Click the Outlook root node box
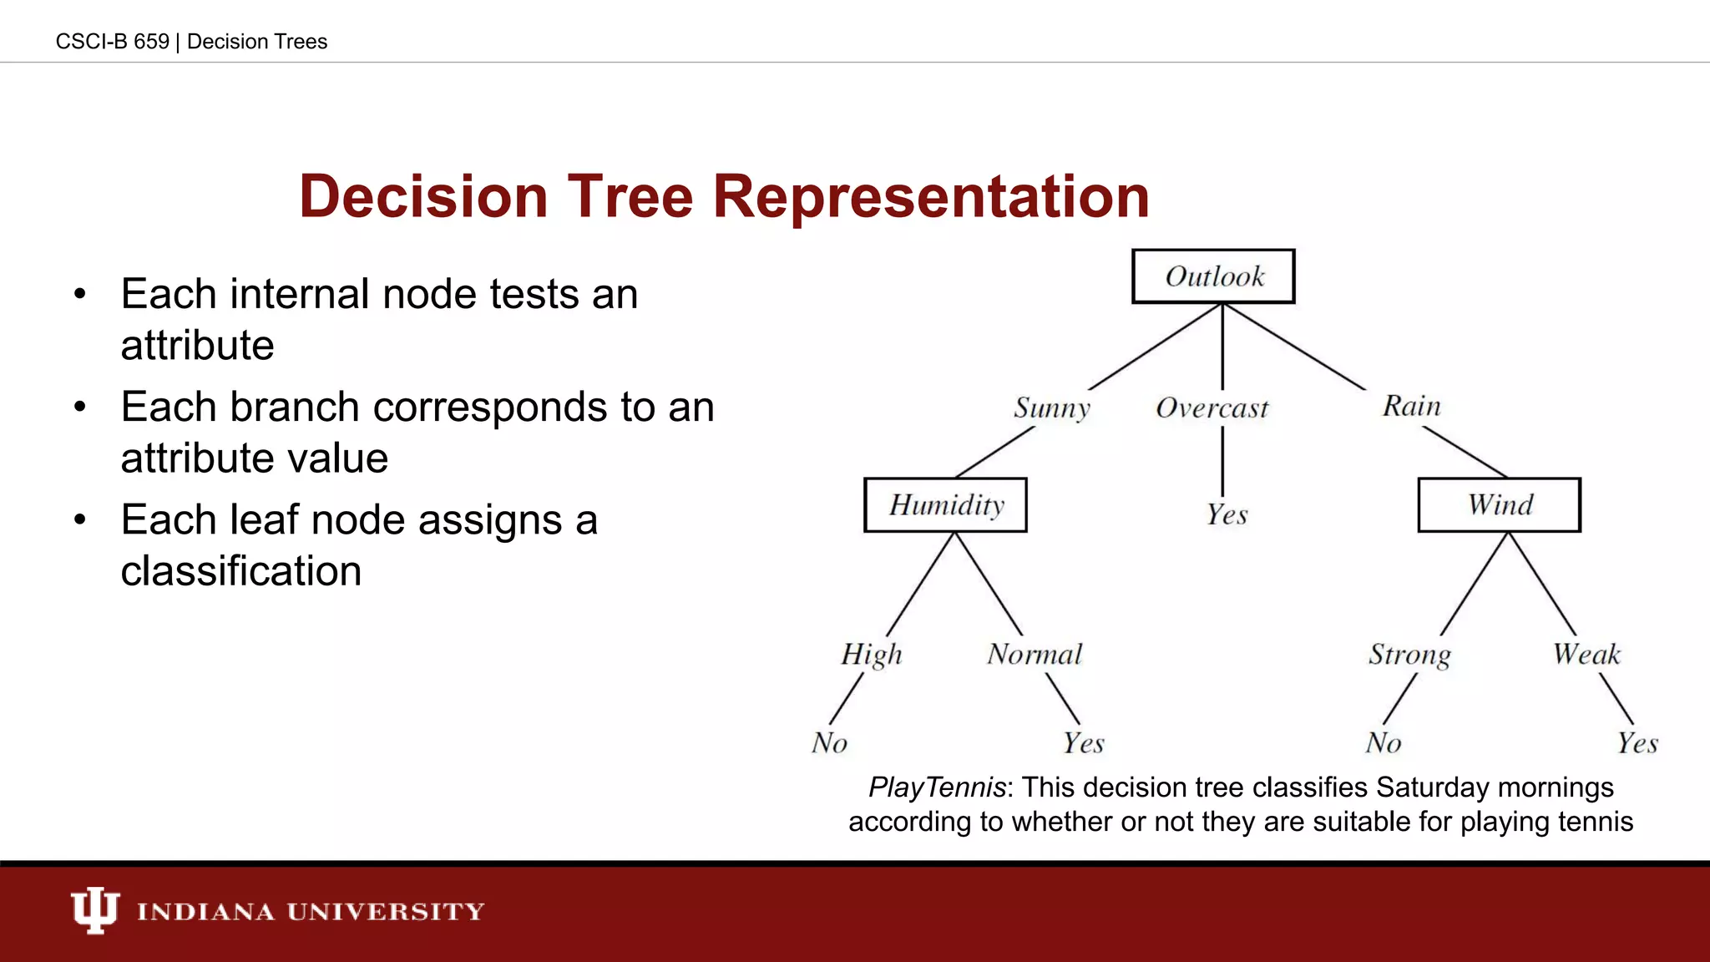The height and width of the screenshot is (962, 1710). tap(1213, 276)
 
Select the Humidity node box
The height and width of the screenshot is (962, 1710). tap(945, 505)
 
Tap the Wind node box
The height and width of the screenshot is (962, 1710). tap(1500, 505)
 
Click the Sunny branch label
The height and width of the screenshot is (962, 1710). tap(1052, 408)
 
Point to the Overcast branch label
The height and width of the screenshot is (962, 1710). tap(1212, 408)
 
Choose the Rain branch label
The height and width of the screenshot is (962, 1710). tap(1411, 406)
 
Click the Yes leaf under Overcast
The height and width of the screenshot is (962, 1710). tap(1227, 514)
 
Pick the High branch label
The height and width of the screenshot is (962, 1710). tap(872, 654)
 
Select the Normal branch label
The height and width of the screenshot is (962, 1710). tap(1035, 654)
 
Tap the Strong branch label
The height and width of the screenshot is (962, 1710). tap(1409, 655)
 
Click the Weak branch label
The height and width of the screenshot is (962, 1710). tap(1586, 654)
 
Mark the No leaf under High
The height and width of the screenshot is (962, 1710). tap(829, 742)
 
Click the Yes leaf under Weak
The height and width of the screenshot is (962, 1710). tap(1637, 742)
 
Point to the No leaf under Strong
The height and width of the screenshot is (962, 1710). tap(1384, 742)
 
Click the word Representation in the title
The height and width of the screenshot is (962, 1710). tap(931, 197)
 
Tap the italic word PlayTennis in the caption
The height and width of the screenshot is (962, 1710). tap(937, 787)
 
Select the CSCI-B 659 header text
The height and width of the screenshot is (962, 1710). tap(112, 42)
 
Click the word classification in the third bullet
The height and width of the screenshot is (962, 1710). tap(240, 571)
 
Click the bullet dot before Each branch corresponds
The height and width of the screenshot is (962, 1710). tap(80, 408)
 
